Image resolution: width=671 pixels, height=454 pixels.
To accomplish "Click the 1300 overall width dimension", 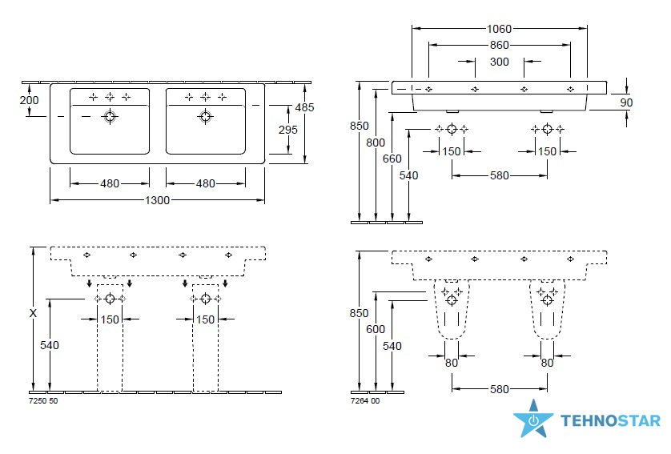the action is click(158, 200).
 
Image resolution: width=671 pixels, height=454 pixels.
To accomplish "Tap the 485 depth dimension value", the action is click(304, 107).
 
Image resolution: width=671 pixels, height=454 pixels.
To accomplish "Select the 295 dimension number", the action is click(288, 130).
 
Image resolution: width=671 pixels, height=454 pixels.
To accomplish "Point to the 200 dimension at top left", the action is click(29, 100).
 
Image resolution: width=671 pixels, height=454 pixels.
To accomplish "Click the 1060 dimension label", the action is click(500, 29).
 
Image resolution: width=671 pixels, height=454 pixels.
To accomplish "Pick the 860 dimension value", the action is click(500, 45).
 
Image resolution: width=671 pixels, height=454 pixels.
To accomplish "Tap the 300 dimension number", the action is click(500, 62).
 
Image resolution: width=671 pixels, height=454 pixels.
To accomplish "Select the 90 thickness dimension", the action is click(626, 102).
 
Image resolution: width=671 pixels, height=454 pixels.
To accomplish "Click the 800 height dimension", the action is click(376, 143).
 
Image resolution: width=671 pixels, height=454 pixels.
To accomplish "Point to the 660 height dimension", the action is click(392, 159).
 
